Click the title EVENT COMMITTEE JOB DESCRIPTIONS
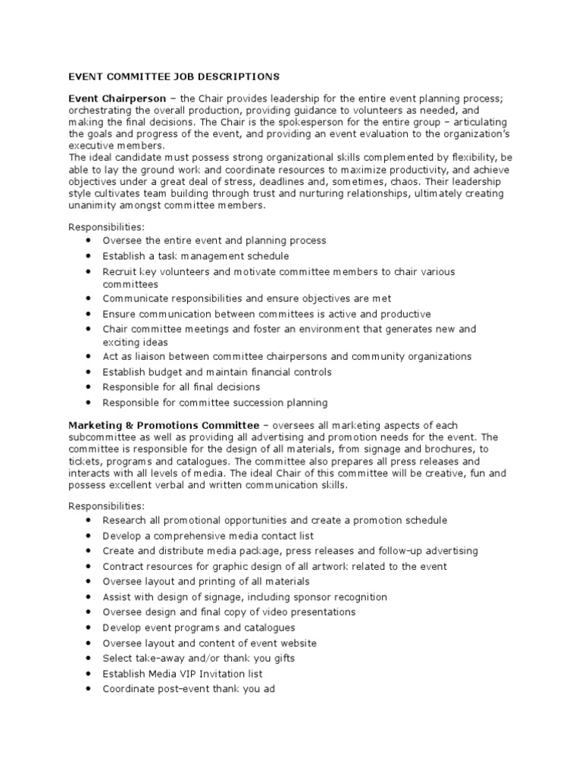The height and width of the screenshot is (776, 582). (x=174, y=77)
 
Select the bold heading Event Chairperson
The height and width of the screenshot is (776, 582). (x=117, y=99)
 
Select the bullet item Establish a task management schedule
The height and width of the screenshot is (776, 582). (x=196, y=256)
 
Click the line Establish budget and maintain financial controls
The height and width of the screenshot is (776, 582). (x=217, y=372)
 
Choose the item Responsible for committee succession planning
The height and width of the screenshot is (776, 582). (x=215, y=402)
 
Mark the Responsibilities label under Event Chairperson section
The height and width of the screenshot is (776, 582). (x=105, y=227)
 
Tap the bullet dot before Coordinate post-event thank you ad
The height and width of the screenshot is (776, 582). (x=89, y=689)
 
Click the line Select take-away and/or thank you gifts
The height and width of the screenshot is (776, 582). (x=199, y=658)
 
